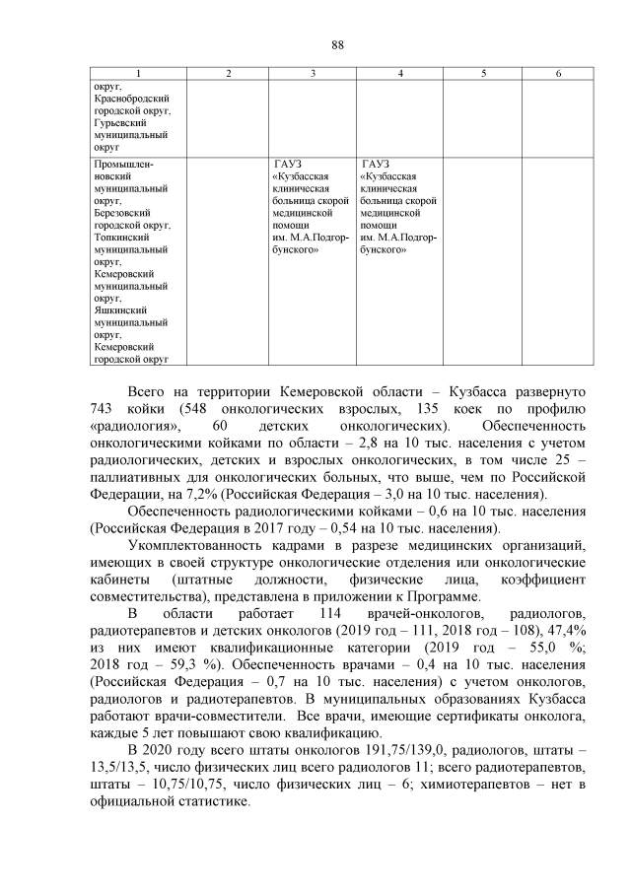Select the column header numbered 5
tap(483, 74)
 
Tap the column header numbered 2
tap(228, 74)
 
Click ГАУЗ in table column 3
tap(288, 164)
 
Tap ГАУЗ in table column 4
tap(376, 164)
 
